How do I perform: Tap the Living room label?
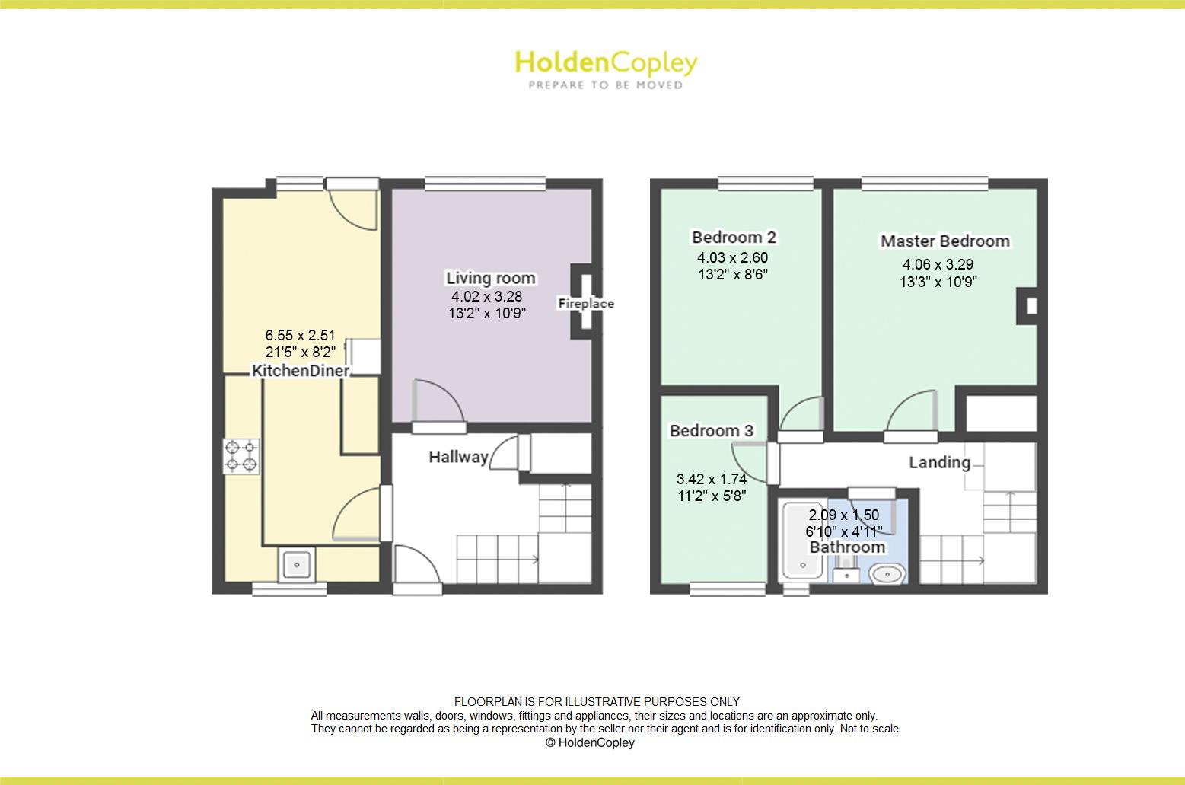[x=490, y=279]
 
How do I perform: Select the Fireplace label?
[x=586, y=304]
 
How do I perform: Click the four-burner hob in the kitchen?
[x=241, y=456]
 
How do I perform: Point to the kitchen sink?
[x=296, y=564]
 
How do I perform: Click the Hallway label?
[x=458, y=457]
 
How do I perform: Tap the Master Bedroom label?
[x=944, y=241]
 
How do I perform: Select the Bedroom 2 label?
[x=734, y=237]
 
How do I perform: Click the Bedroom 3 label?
[x=711, y=431]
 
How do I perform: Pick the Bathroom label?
[x=847, y=547]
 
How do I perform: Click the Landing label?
[x=939, y=463]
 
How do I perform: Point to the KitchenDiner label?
[x=301, y=371]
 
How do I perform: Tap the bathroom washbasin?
[x=886, y=573]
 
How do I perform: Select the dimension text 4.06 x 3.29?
[x=938, y=265]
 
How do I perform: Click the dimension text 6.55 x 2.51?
[x=300, y=335]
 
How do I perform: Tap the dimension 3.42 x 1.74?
[x=711, y=480]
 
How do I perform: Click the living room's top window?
[x=485, y=183]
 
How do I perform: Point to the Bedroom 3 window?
[x=727, y=589]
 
